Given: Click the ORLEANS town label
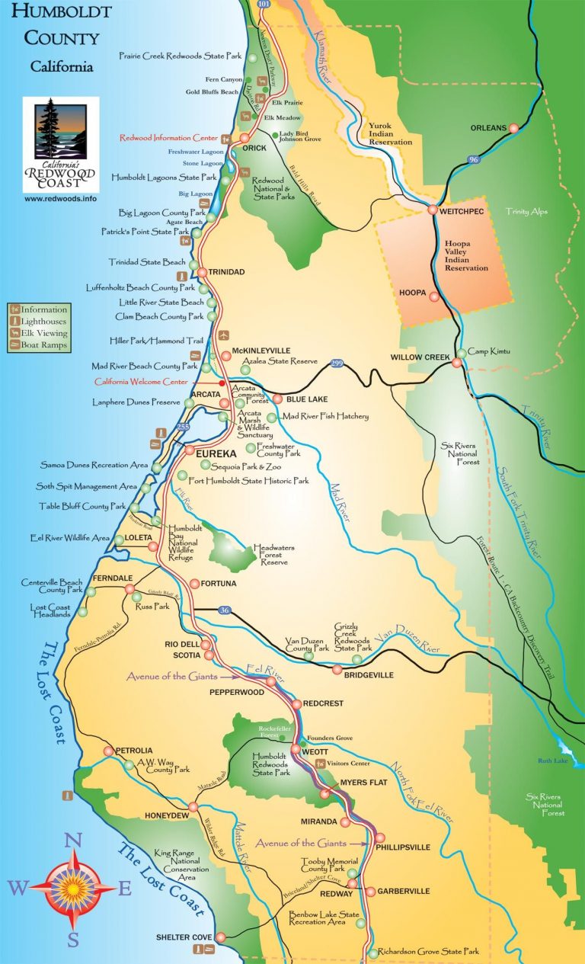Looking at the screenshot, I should [x=488, y=128].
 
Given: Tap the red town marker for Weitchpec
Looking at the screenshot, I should [x=433, y=210].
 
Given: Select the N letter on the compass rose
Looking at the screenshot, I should [x=72, y=841].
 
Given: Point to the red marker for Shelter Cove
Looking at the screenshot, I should [x=221, y=937].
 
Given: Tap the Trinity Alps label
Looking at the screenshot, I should [x=526, y=211].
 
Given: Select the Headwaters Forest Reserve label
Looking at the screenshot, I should [x=271, y=554].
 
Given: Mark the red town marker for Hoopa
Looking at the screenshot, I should [x=434, y=297].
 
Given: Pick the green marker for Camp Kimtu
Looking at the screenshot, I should [x=462, y=354].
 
